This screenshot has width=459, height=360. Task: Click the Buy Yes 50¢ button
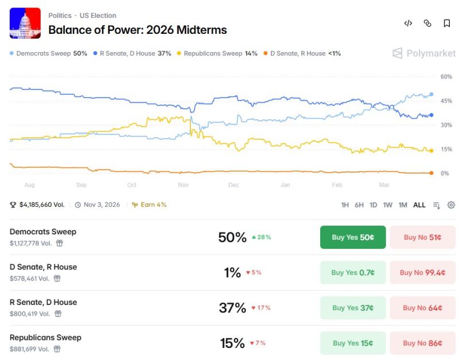(353, 237)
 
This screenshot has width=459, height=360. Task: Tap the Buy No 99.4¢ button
(422, 272)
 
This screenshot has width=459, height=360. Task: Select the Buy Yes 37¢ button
(353, 308)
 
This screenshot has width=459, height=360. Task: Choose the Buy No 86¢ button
(422, 343)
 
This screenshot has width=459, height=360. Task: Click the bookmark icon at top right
(446, 24)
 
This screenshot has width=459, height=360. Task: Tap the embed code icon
(408, 24)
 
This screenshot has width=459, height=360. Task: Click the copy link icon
(427, 24)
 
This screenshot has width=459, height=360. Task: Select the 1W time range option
(388, 205)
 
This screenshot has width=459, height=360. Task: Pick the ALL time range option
(419, 205)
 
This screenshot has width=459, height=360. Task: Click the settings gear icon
(451, 205)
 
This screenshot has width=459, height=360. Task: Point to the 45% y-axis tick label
(446, 101)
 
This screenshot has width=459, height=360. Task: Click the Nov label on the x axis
(184, 185)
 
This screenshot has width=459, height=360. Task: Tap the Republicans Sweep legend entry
(217, 53)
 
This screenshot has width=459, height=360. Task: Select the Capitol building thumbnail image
(25, 23)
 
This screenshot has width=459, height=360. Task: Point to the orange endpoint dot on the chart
(431, 173)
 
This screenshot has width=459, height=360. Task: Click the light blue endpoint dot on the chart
(431, 95)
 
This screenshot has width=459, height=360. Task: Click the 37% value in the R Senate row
(232, 308)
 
